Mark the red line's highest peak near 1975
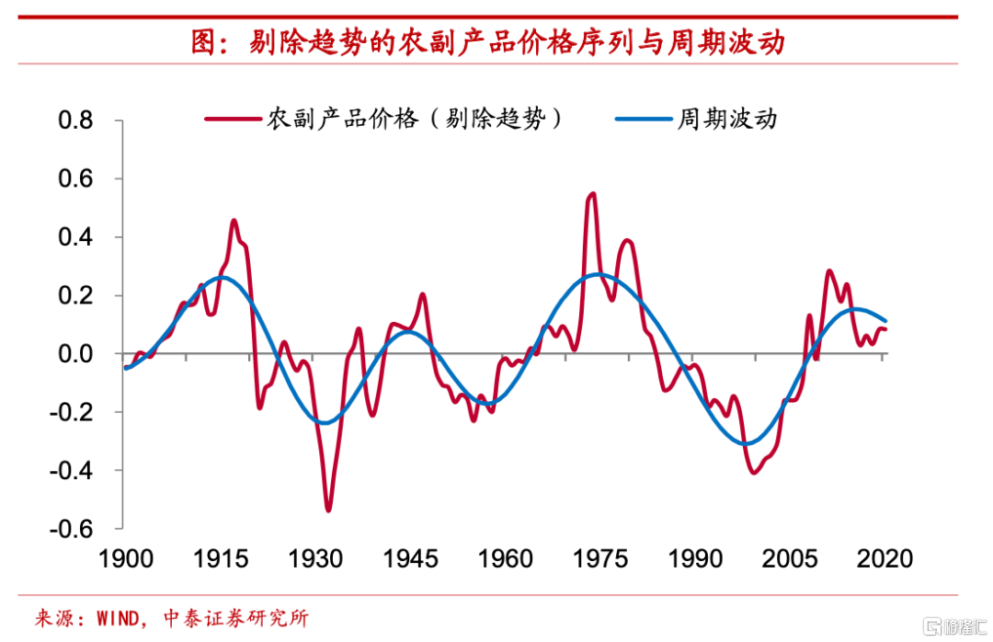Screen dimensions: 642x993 (592, 193)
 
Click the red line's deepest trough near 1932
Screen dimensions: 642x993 (328, 510)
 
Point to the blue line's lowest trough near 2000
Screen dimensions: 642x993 (746, 444)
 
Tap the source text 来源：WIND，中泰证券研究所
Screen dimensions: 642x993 (171, 617)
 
